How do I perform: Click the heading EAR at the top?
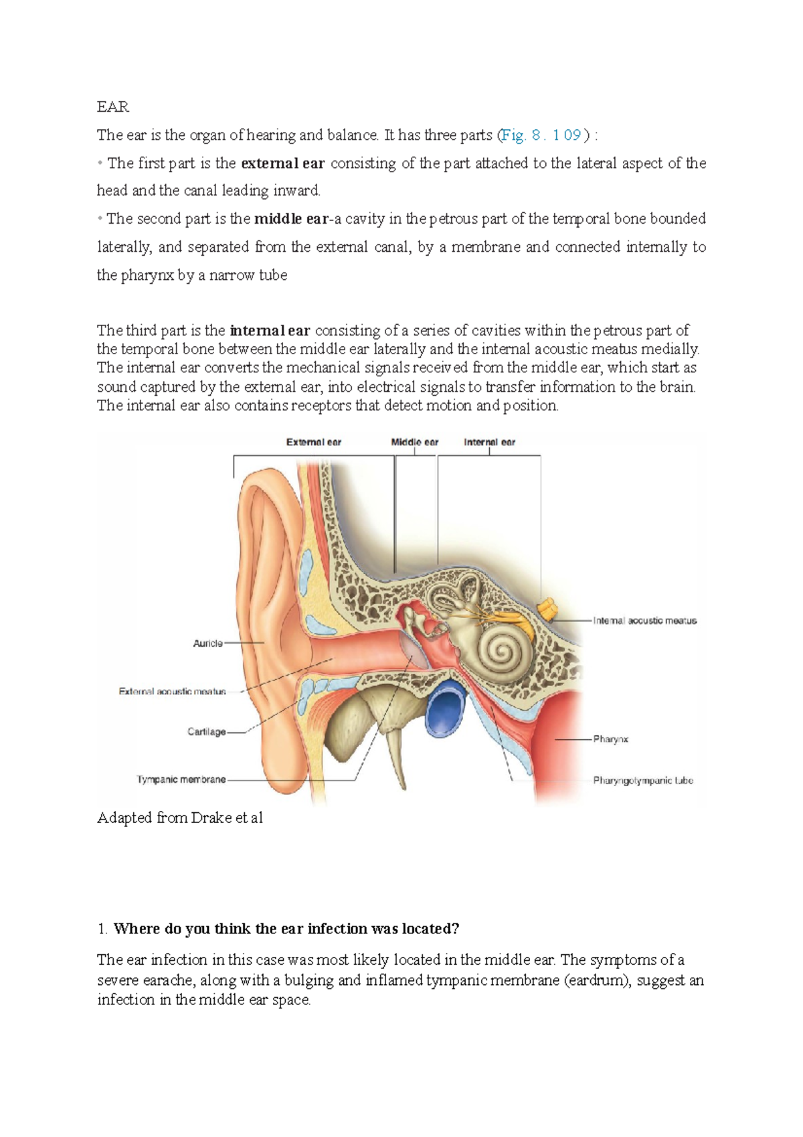pos(112,107)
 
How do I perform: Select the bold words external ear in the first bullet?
pos(282,163)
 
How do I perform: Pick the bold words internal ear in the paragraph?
pos(270,331)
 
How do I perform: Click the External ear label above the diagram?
pos(313,442)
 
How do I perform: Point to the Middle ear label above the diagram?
pos(414,442)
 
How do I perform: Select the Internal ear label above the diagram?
pos(489,442)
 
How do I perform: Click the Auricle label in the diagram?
pos(207,643)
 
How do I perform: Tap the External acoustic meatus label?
pos(172,692)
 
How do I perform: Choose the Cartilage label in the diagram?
pos(206,732)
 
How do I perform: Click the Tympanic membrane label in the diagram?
pos(181,780)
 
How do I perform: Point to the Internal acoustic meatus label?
pos(644,621)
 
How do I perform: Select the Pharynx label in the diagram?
pos(610,739)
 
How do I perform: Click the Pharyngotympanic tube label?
pos(642,781)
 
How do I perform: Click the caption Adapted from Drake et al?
pos(179,818)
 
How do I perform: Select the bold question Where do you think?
pos(286,929)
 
